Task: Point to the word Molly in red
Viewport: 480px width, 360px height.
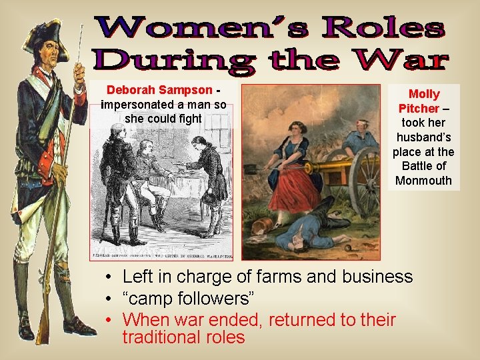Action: pos(424,94)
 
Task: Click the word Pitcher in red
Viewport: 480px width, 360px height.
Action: pos(419,109)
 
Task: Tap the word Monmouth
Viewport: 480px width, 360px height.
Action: pos(423,181)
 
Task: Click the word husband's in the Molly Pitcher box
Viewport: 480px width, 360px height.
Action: pos(424,137)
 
